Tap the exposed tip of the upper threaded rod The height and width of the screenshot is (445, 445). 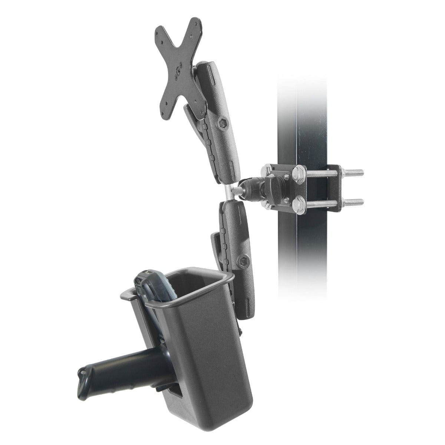coord(361,172)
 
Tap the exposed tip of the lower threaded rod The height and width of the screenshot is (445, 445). coord(361,202)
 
